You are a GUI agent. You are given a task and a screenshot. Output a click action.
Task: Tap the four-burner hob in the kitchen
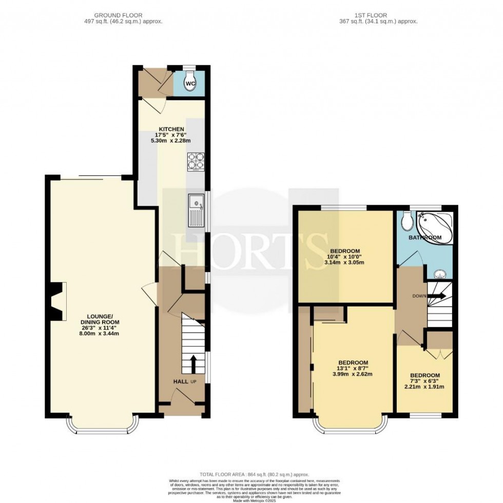tap(195, 162)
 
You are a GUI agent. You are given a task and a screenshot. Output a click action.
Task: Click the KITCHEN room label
tap(171, 129)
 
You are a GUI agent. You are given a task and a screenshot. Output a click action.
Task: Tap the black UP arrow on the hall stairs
tap(194, 364)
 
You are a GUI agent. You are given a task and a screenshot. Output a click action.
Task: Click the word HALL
tap(180, 381)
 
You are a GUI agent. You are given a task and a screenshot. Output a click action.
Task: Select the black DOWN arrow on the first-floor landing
tap(437, 296)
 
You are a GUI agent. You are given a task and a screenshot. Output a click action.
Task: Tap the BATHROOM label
tap(425, 238)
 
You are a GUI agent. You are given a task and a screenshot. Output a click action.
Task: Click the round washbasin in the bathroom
tap(439, 273)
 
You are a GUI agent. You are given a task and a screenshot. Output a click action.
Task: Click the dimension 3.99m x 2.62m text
tap(352, 374)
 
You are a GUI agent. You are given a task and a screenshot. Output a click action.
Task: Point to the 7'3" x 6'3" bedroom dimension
tap(424, 381)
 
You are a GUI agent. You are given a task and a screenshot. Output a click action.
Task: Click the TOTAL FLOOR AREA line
tap(255, 475)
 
